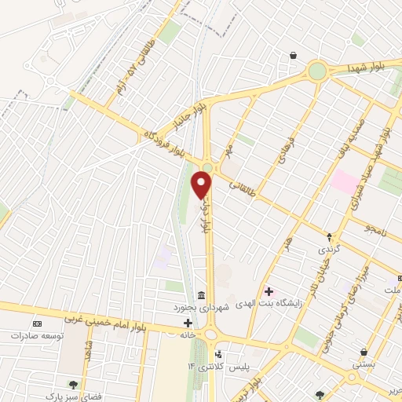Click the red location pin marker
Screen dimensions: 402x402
point(202,185)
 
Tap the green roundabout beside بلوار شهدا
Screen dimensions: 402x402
point(317,71)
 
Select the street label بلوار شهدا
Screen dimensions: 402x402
point(367,68)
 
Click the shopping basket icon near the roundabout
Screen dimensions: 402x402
point(293,56)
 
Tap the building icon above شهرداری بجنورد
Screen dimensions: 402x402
point(202,296)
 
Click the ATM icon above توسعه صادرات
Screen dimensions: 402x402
point(36,323)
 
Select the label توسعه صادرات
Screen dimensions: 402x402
point(36,335)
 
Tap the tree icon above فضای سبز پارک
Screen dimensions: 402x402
point(73,385)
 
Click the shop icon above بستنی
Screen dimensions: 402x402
point(364,353)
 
